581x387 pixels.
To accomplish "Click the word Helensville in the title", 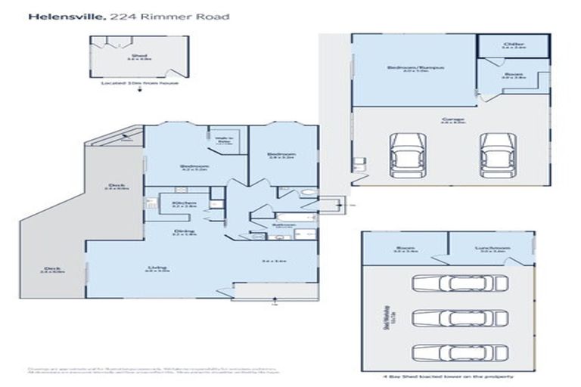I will (60, 14).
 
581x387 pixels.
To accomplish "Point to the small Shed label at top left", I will (138, 56).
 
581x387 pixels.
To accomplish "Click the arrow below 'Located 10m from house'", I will (138, 89).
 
